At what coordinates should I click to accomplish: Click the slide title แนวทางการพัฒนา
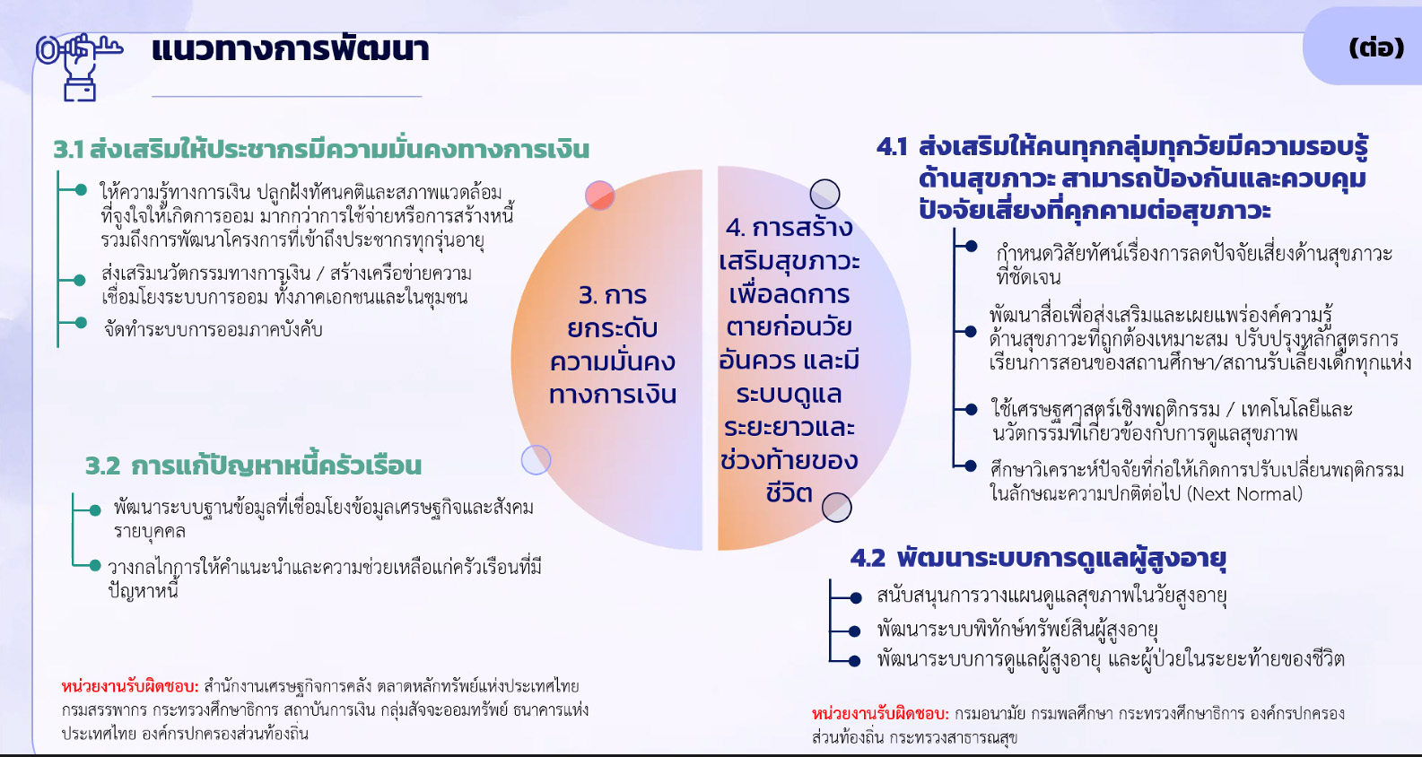pos(290,49)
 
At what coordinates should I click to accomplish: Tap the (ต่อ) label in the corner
pos(1376,48)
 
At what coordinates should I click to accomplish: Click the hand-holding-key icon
pos(79,66)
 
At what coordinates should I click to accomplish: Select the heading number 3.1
pos(68,150)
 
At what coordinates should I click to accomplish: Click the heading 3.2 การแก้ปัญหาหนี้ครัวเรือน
pos(253,466)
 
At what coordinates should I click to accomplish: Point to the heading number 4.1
pos(892,147)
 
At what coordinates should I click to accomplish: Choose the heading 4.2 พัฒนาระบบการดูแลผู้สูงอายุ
pos(1038,559)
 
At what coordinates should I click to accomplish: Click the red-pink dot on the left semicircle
pos(600,195)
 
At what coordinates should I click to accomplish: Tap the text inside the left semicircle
pos(613,345)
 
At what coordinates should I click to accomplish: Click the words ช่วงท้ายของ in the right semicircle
pos(790,460)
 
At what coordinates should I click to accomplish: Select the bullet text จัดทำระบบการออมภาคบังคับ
pos(214,330)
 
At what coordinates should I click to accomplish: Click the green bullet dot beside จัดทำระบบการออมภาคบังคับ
pos(81,323)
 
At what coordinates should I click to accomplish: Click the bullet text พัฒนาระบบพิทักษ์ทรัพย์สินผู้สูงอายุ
pos(1017,630)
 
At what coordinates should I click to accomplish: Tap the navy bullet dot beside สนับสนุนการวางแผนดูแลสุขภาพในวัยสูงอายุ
pos(855,597)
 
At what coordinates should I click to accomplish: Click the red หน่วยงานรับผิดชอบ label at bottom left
pos(130,686)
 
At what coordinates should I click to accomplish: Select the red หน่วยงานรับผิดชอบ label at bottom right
pos(880,714)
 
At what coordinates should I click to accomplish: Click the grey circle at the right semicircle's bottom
pos(837,508)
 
